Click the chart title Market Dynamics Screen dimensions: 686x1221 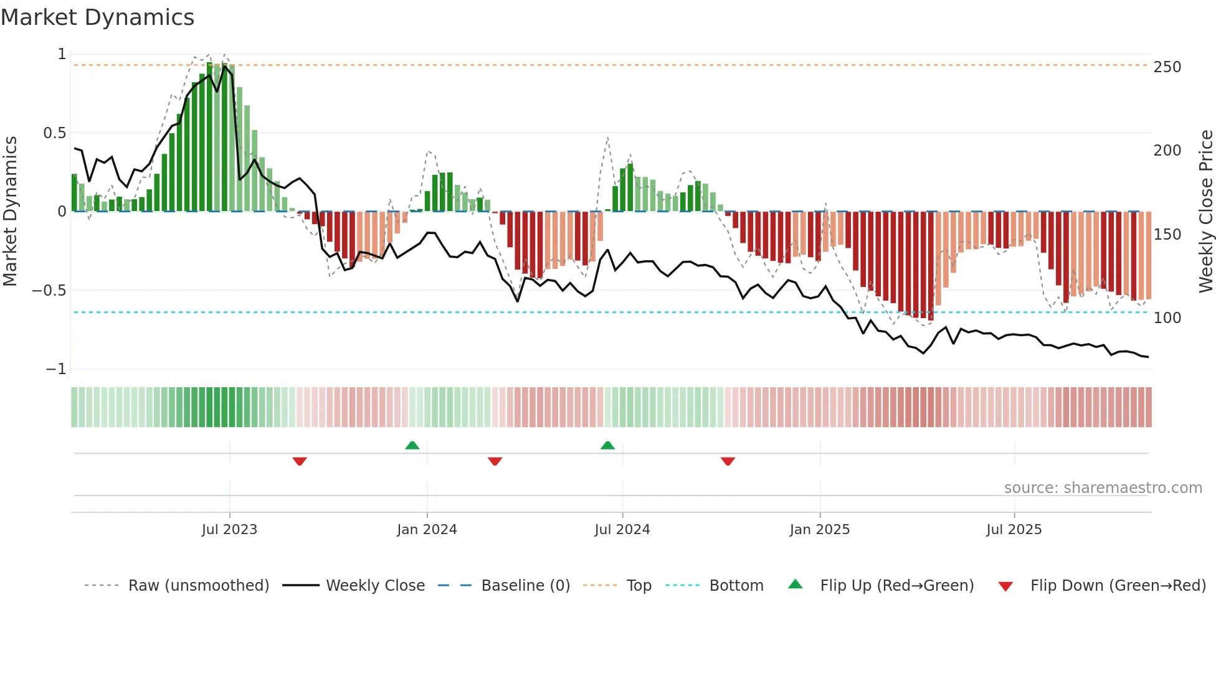(97, 17)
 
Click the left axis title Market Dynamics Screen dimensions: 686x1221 (10, 211)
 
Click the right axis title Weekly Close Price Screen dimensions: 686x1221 (1206, 211)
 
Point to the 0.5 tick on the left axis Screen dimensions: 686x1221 (55, 133)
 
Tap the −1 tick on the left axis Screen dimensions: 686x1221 (56, 369)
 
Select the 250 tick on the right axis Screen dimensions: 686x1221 (1167, 67)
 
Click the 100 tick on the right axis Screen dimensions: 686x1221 (1167, 318)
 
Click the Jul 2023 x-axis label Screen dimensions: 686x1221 (229, 530)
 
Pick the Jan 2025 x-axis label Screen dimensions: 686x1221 (819, 530)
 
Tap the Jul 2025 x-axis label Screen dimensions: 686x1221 (1014, 530)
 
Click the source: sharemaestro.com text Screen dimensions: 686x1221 (1103, 488)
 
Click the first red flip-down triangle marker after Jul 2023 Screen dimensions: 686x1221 (300, 461)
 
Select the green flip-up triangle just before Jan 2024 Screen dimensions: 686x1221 (412, 445)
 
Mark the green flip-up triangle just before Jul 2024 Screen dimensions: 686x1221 (607, 445)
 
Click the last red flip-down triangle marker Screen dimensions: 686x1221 (728, 461)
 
